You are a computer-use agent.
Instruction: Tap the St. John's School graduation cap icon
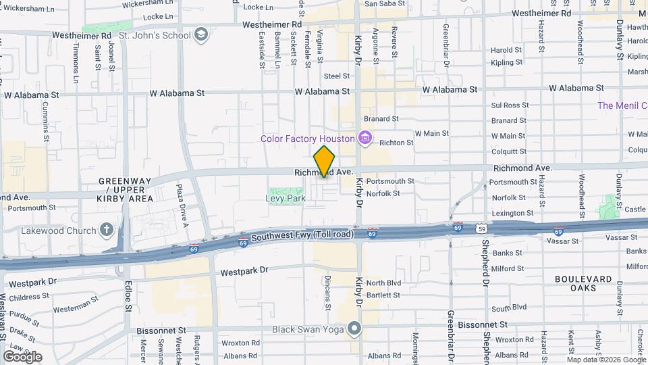pos(200,34)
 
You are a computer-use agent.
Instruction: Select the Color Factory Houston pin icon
pos(365,139)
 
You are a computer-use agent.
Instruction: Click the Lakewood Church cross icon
pos(106,230)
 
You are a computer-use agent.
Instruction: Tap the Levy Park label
pos(285,198)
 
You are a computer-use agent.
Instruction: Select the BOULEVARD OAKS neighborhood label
pos(583,283)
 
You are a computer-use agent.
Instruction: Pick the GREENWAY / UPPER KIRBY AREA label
pos(126,190)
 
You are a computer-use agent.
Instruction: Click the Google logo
pos(22,356)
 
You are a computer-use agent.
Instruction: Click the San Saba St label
pos(385,3)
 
